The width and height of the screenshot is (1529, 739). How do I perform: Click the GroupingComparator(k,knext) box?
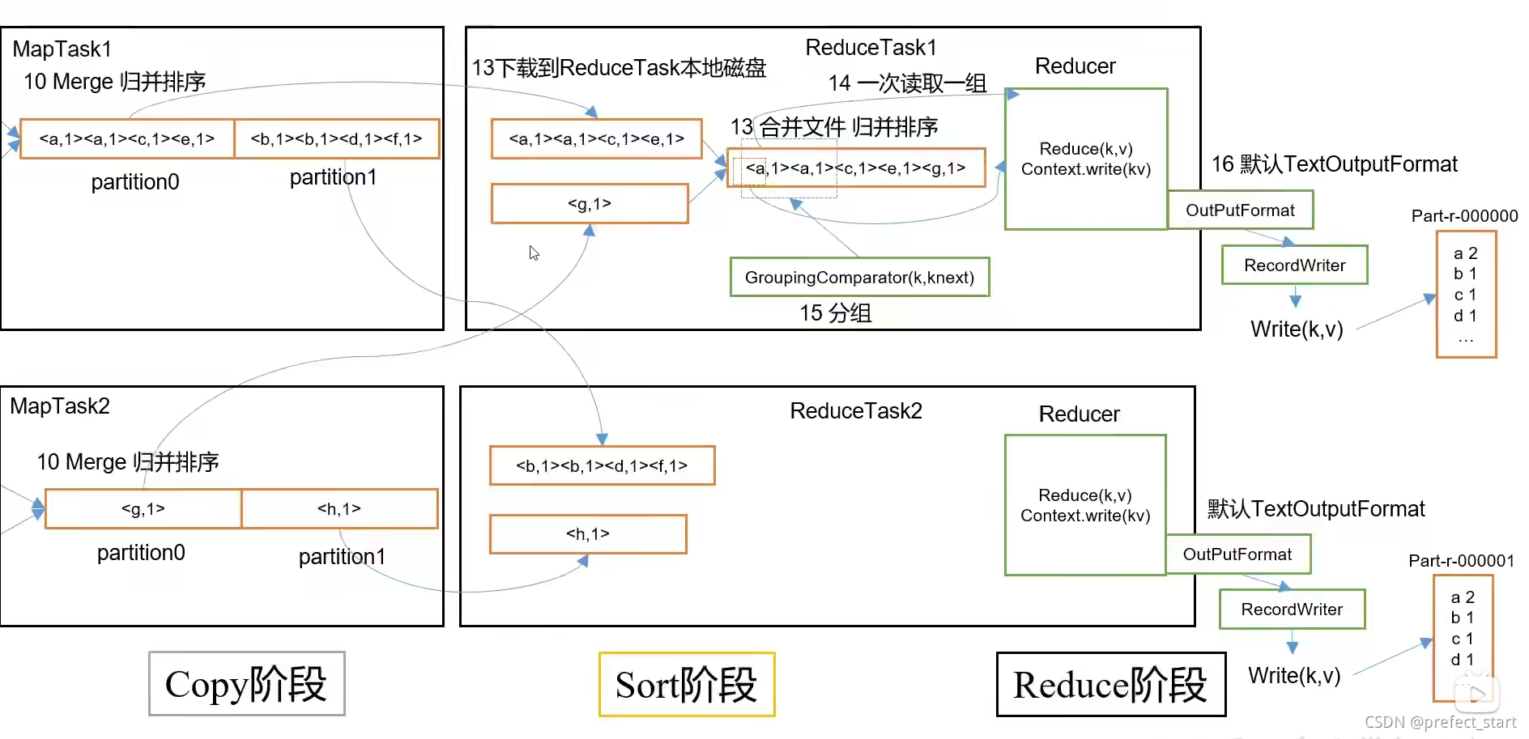859,278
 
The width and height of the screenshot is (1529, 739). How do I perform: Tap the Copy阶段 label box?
247,684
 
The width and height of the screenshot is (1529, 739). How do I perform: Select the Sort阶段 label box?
687,685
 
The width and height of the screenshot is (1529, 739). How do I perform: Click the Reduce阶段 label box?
1110,685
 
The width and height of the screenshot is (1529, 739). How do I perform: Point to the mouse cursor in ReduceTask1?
534,253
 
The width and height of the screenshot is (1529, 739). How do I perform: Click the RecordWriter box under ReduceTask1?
1294,265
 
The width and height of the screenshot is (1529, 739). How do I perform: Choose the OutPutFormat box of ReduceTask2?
1237,554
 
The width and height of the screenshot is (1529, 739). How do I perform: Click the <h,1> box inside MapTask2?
339,509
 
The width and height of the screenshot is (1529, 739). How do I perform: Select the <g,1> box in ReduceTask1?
590,204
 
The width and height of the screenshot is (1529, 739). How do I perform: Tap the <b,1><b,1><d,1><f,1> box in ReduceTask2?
602,465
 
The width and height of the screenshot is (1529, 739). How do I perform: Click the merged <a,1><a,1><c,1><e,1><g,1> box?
856,168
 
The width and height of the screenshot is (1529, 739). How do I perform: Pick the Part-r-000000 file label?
1464,216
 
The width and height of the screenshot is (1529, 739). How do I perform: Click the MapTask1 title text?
62,49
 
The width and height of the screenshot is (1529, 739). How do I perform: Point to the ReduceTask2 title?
856,411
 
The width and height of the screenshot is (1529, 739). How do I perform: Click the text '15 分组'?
836,313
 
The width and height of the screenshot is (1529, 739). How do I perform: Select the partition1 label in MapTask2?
342,557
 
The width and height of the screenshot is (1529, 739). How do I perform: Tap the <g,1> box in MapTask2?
143,509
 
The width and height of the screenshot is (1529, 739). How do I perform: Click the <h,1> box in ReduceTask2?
588,534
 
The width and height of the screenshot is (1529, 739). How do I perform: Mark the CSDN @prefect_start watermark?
1440,722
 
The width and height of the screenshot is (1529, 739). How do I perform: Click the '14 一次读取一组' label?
907,83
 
